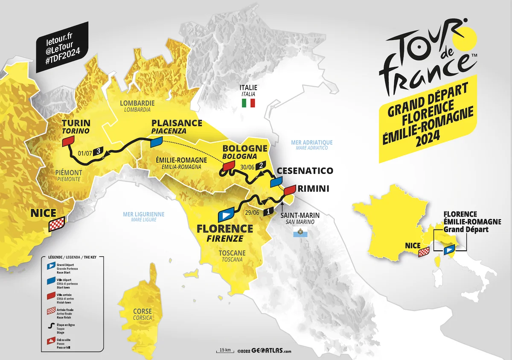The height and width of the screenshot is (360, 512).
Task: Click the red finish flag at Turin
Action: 68,142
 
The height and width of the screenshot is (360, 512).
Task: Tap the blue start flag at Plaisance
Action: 157,141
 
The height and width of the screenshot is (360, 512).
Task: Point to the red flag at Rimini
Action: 290,189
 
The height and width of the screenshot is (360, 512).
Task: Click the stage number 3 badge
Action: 99,151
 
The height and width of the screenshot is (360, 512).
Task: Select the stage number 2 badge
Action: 261,166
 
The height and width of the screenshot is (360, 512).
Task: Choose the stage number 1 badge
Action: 268,211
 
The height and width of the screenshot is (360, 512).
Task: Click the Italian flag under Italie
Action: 248,103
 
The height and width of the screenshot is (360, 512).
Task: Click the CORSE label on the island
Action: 142,311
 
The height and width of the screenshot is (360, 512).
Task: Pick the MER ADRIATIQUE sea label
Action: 311,142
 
